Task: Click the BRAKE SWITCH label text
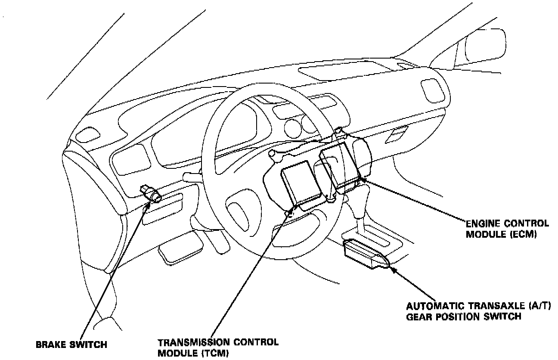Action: (x=71, y=345)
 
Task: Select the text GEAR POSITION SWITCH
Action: (x=464, y=317)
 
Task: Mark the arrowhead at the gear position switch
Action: (x=392, y=270)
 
